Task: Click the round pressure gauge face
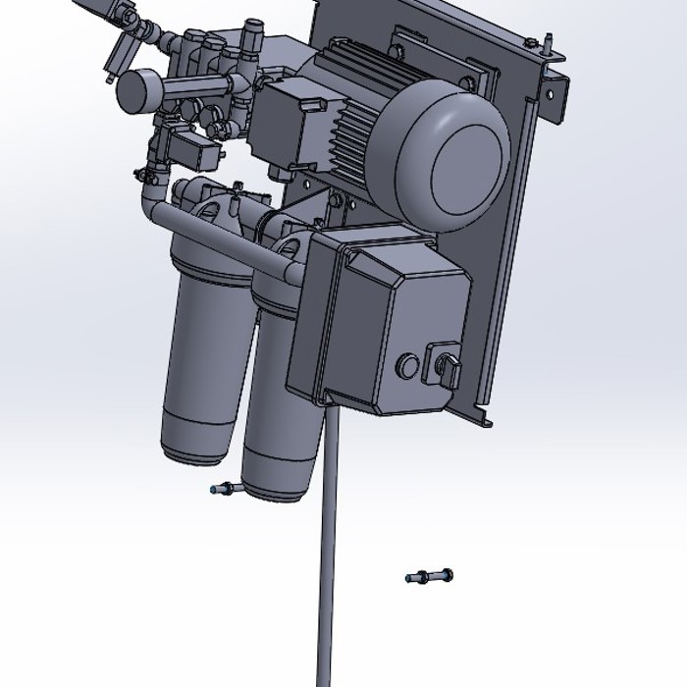(134, 89)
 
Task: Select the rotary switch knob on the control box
(441, 370)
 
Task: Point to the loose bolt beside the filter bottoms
(223, 488)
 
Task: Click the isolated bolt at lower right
(428, 575)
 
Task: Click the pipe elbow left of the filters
(148, 201)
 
